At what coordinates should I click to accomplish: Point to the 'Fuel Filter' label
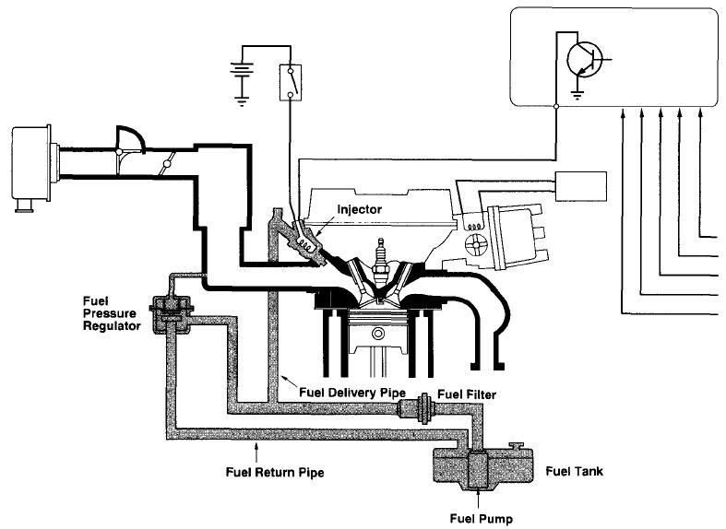467,394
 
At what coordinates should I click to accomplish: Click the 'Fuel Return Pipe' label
275,471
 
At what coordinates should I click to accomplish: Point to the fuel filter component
422,407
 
